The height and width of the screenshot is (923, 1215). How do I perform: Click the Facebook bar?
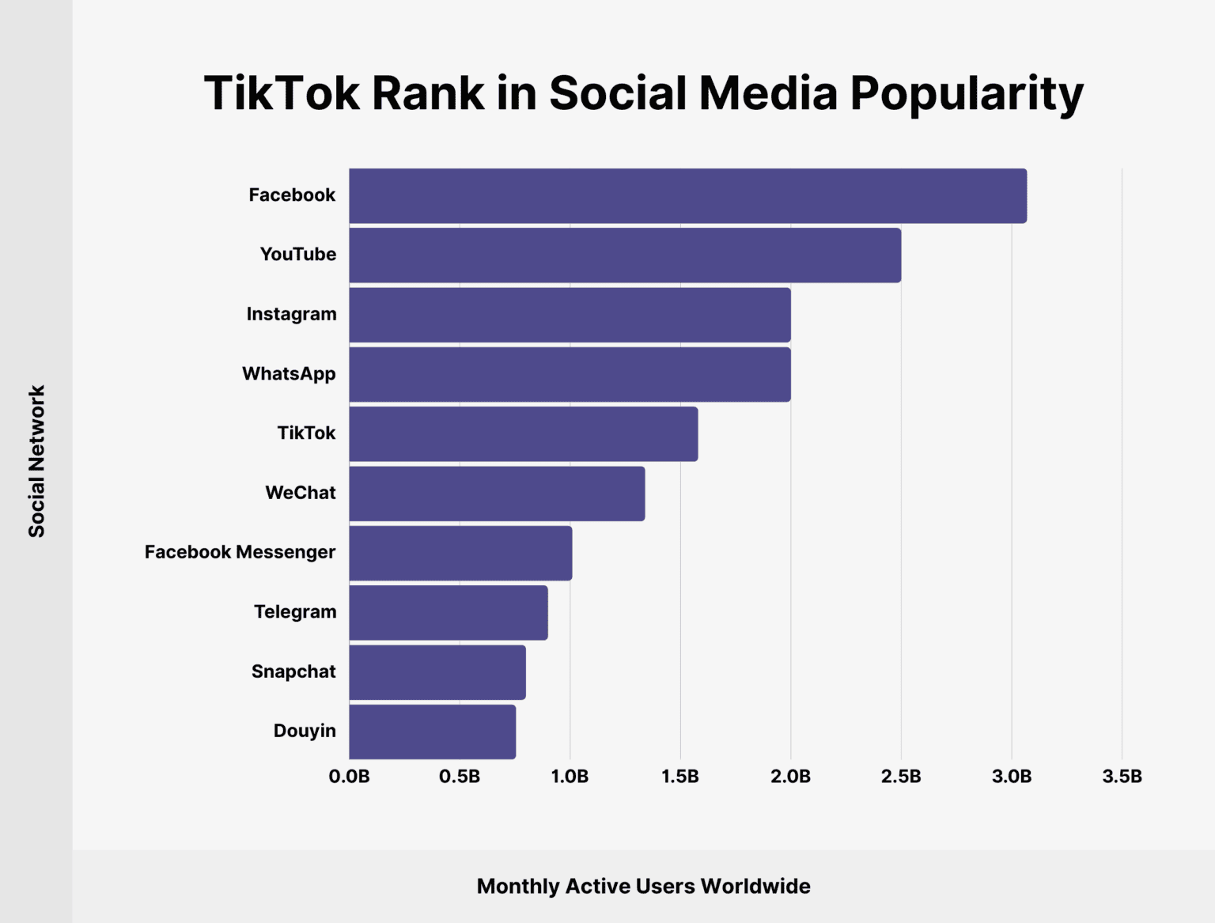coord(687,196)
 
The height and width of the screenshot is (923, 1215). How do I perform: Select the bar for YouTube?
coord(625,255)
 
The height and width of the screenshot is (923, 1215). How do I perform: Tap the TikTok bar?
coord(523,433)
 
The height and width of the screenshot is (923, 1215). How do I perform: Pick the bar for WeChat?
coord(497,494)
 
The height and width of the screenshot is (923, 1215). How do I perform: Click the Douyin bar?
coord(432,732)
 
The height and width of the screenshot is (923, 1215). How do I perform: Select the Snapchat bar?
coord(437,672)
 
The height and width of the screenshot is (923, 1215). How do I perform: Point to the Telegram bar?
coord(449,613)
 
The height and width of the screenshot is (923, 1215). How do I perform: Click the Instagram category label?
coord(291,314)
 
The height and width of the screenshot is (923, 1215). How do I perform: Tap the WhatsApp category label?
coord(289,373)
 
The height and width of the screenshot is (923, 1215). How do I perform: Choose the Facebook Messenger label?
coord(240,552)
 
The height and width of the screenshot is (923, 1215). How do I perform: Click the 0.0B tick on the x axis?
coord(349,777)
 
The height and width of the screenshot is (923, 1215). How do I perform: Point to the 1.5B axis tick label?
coord(680,777)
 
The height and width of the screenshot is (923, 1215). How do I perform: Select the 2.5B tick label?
coord(901,777)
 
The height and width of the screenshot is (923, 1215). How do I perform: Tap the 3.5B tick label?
coord(1122,777)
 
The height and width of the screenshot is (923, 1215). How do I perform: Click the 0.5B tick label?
coord(460,777)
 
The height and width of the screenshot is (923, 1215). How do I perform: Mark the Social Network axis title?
coord(36,461)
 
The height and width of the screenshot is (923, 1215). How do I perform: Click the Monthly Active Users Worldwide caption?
coord(643,886)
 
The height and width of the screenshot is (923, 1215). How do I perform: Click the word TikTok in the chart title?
coord(282,93)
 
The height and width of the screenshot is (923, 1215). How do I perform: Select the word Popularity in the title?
coord(967,93)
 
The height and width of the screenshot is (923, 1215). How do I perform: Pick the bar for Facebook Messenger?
coord(460,553)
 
